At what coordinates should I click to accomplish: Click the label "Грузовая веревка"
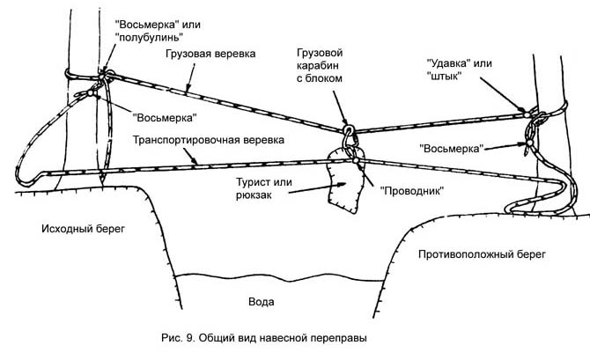[x=210, y=55]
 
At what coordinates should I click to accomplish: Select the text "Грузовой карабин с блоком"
[x=318, y=65]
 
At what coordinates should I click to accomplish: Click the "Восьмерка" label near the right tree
[x=450, y=147]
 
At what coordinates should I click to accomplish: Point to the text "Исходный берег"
[x=84, y=228]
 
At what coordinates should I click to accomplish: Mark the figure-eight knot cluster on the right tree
[x=531, y=136]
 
